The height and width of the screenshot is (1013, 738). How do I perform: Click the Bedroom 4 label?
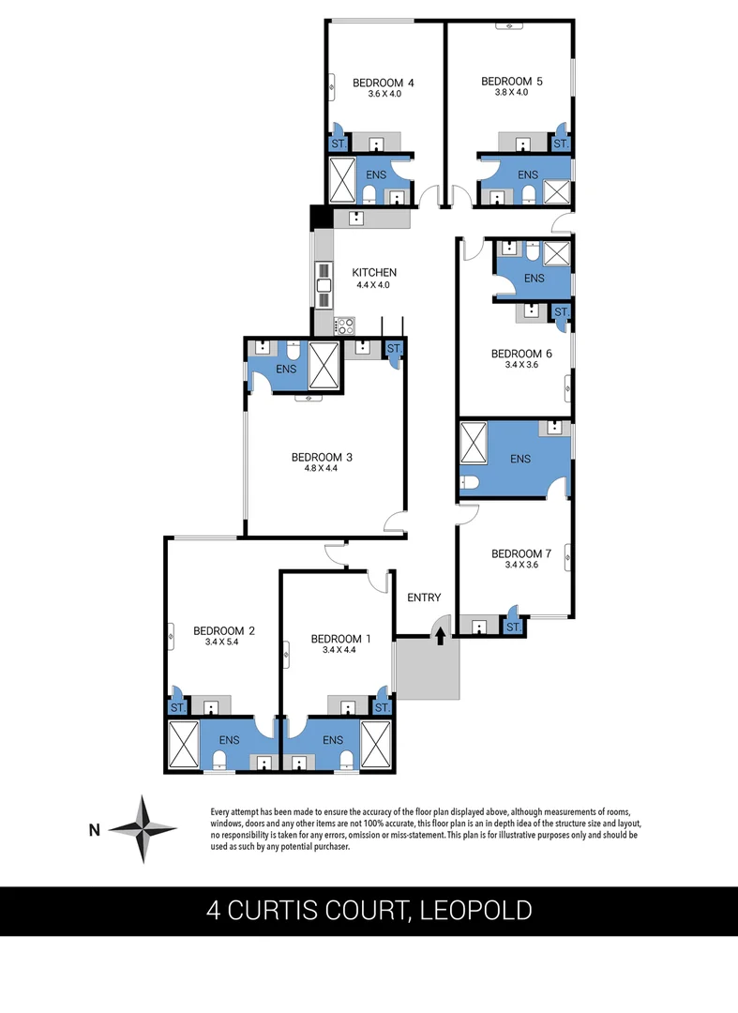point(383,83)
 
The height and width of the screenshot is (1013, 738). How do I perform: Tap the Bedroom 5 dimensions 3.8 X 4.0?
point(511,93)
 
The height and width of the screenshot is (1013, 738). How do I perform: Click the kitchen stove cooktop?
point(344,325)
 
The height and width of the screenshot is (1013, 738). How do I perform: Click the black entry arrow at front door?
point(440,635)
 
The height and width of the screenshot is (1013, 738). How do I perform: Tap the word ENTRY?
point(424,597)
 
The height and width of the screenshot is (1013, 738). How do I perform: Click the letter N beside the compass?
point(94,829)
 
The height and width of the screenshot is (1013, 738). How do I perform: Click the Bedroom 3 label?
point(322,458)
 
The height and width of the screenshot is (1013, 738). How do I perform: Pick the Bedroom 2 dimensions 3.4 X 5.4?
point(224,643)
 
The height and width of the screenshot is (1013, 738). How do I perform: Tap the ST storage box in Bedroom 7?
point(513,627)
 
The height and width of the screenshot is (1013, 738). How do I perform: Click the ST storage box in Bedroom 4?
point(338,144)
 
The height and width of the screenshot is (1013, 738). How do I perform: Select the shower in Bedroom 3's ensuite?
point(324,360)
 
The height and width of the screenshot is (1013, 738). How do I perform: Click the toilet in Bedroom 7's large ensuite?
point(470,483)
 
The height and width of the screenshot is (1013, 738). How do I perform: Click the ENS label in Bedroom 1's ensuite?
point(332,740)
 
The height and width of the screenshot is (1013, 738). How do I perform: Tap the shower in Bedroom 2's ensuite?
point(183,745)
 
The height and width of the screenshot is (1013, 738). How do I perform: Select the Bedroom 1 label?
point(340,639)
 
